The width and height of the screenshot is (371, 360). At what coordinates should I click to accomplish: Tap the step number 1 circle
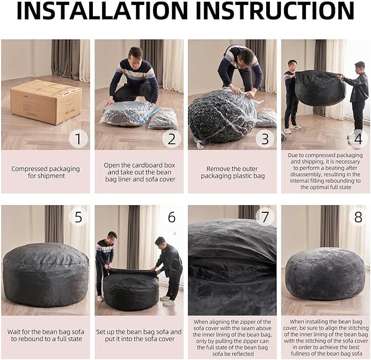pyautogui.click(x=78, y=138)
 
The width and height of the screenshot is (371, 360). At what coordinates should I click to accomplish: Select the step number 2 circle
pyautogui.click(x=172, y=138)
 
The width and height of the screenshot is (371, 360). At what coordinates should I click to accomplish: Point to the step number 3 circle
pyautogui.click(x=265, y=138)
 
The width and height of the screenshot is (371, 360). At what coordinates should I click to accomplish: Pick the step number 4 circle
pyautogui.click(x=358, y=138)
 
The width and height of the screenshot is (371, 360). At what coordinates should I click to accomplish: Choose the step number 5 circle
pyautogui.click(x=78, y=217)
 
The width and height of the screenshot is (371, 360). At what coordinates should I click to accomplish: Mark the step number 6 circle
pyautogui.click(x=172, y=217)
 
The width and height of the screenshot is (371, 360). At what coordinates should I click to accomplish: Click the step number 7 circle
pyautogui.click(x=265, y=217)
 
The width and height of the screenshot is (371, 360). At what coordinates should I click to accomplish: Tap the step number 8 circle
pyautogui.click(x=358, y=217)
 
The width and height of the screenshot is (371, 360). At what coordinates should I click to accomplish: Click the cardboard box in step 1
pyautogui.click(x=46, y=102)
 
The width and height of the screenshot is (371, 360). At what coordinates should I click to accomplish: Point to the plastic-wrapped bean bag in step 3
pyautogui.click(x=221, y=115)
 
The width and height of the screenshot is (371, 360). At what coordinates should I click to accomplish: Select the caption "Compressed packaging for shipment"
pyautogui.click(x=45, y=172)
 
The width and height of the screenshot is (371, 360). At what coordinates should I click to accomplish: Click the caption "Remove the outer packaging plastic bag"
pyautogui.click(x=232, y=172)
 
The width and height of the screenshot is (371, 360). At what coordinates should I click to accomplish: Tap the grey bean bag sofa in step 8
pyautogui.click(x=325, y=274)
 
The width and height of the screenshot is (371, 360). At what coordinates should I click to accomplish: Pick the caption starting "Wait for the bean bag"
pyautogui.click(x=45, y=336)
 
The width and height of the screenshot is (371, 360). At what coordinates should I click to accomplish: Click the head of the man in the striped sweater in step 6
pyautogui.click(x=111, y=236)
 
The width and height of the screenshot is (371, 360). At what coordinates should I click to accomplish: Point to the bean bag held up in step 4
pyautogui.click(x=320, y=88)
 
